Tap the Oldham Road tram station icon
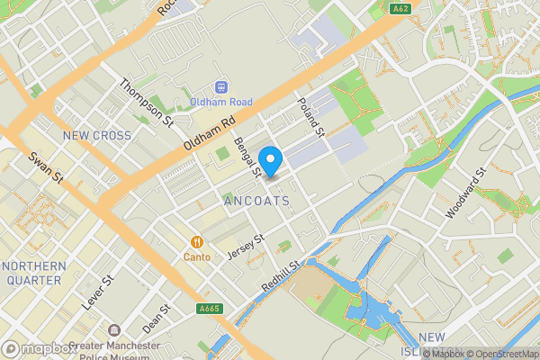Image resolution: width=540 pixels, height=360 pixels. [x=220, y=88]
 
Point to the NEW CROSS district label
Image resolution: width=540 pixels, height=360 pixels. [x=96, y=136]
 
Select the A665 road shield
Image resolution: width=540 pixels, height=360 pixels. [x=210, y=309]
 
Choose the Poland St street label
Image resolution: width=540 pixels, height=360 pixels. [x=311, y=116]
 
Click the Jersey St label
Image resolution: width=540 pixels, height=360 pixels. [x=245, y=248]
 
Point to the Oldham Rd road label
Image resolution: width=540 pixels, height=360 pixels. [x=209, y=133]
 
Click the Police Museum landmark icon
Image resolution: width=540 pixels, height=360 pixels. [x=114, y=332]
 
